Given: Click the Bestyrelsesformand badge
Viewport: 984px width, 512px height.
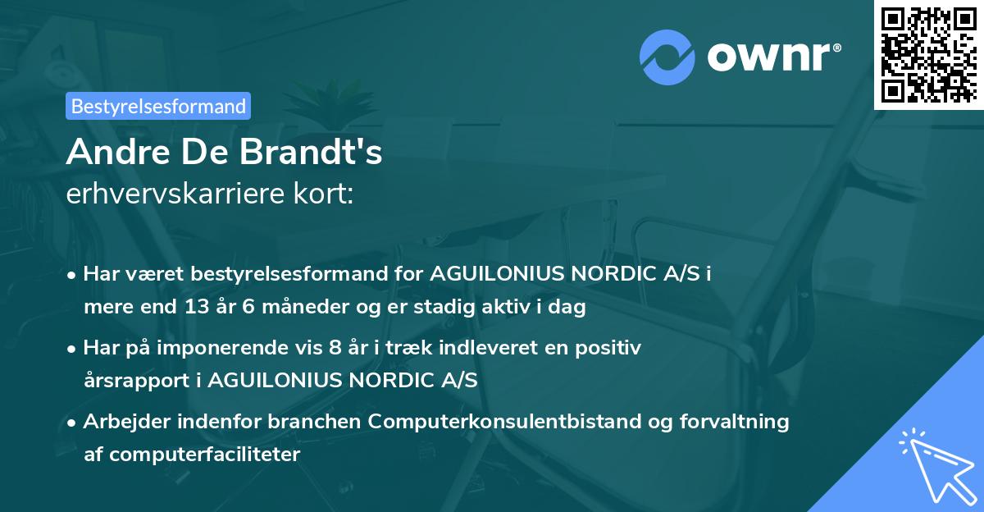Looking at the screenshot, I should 158,106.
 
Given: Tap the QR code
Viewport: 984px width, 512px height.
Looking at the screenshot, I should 928,54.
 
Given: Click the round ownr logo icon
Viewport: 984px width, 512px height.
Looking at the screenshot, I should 667,57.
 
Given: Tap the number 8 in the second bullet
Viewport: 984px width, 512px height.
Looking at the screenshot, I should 335,348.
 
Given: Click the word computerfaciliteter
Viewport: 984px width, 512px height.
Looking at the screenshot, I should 203,454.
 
